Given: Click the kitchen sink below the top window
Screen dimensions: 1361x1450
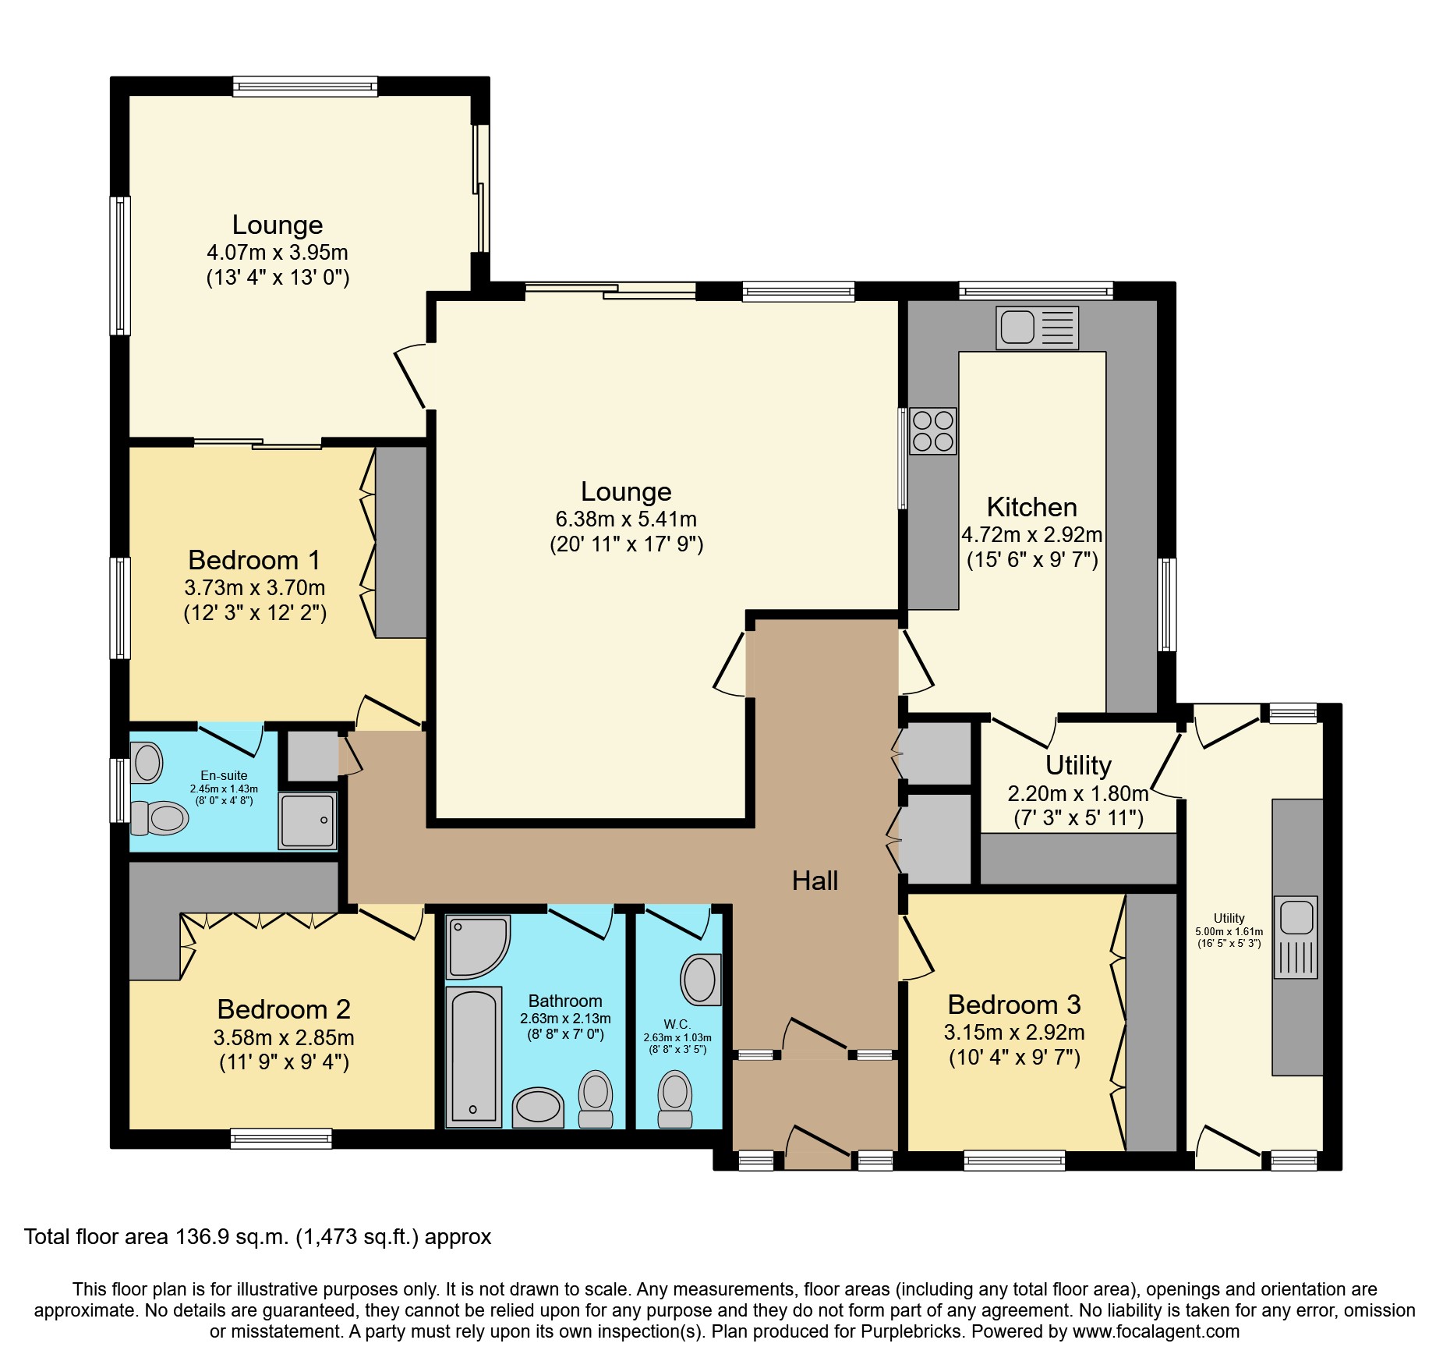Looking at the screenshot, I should tap(1037, 327).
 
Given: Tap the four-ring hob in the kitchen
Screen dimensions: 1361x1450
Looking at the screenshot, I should tap(932, 431).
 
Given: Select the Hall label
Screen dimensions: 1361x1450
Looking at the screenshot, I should tap(815, 881).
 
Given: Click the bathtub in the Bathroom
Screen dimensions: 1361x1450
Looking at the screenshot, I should tap(473, 1057).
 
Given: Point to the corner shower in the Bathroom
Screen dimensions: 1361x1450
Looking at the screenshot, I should tap(476, 946).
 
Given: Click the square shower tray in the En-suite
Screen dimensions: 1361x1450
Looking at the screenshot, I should tap(308, 820).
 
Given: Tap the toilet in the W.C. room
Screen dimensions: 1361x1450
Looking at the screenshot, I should tap(675, 1100).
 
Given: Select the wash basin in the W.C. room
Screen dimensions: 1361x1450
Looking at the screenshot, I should tap(700, 979).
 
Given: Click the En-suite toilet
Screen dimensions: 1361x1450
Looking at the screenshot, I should tap(161, 818).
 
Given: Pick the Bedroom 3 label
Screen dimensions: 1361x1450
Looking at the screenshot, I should tap(1013, 1005).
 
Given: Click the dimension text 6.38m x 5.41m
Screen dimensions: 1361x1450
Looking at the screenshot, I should tap(625, 519).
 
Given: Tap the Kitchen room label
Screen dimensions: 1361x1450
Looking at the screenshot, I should tap(1031, 507).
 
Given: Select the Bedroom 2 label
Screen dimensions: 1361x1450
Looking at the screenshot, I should tap(284, 1009).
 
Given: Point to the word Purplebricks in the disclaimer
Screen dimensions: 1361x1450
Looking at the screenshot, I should tap(911, 1331).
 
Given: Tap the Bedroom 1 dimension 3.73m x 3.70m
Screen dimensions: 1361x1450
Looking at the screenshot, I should tap(255, 587).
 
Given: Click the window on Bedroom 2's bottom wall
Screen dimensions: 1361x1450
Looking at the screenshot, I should tap(281, 1139).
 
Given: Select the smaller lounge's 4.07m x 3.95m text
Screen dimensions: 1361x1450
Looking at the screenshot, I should tap(277, 252).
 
